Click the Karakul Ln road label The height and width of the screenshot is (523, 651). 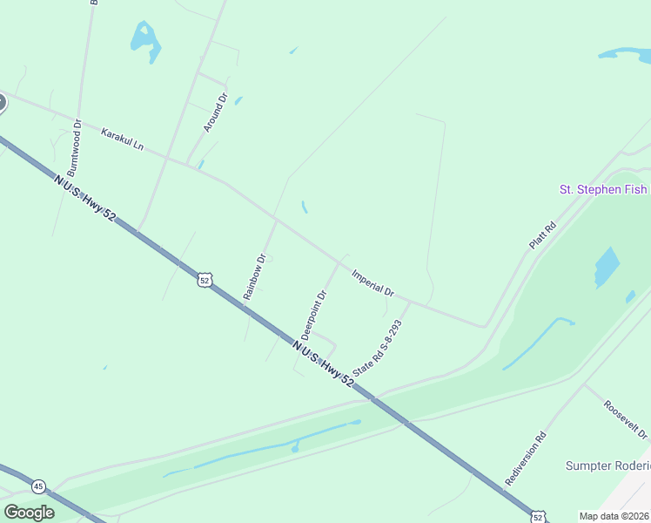121,139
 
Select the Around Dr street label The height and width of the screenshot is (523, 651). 214,112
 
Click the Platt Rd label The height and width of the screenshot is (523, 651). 542,235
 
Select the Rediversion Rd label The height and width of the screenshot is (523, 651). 526,458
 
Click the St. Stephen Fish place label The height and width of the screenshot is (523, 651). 603,189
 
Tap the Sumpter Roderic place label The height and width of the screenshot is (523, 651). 607,465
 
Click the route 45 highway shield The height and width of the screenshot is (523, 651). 38,486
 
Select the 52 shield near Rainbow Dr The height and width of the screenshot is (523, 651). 204,280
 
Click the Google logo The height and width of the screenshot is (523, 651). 29,513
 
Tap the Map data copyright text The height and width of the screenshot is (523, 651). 614,516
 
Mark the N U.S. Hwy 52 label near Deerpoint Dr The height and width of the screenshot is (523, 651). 323,363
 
